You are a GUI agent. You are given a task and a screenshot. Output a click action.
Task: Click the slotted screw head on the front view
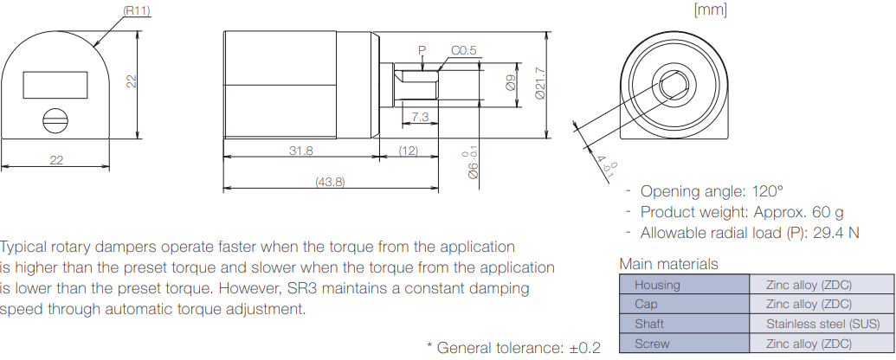point(55,120)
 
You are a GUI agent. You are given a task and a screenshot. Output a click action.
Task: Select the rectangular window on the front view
point(55,85)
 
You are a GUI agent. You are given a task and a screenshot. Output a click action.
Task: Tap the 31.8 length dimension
point(300,150)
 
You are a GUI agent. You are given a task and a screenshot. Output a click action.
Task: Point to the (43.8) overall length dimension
point(329,182)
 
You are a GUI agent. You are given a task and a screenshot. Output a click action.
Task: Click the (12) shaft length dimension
point(408,150)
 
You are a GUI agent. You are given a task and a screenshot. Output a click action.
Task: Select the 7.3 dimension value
point(420,115)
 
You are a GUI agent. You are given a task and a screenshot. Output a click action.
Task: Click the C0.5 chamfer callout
point(463,50)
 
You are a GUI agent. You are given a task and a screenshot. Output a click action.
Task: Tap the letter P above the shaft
point(422,50)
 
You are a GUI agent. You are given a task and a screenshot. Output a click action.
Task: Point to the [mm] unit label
point(710,10)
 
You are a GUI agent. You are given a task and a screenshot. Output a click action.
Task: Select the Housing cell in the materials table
point(658,284)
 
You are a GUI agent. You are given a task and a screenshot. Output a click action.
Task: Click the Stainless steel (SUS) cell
point(822,324)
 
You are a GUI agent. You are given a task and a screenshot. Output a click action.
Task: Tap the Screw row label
point(652,344)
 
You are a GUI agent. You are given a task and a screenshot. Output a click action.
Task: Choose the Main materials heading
point(668,264)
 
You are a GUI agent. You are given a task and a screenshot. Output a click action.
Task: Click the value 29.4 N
point(835,232)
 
